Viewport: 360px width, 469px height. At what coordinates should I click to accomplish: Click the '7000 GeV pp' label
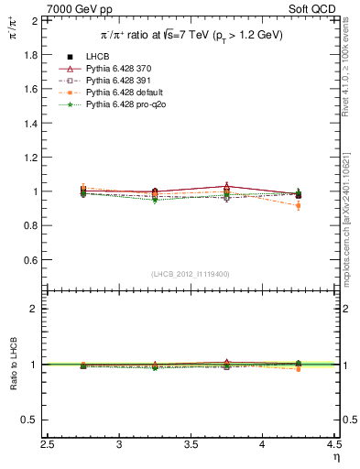(x=74, y=7)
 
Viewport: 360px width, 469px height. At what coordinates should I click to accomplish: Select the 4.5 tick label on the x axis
(x=333, y=444)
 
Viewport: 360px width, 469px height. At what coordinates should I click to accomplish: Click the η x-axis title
(x=335, y=457)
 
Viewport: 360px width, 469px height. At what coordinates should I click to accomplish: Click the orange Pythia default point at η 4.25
(x=298, y=205)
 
